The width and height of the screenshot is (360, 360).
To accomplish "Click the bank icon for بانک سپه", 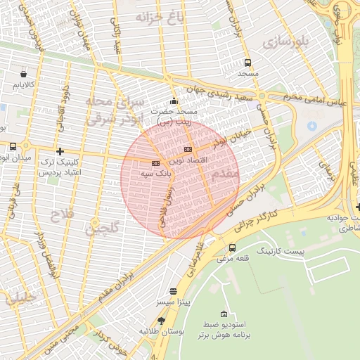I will point(155,163).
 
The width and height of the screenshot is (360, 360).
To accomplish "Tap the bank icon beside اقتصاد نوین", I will point(188,150).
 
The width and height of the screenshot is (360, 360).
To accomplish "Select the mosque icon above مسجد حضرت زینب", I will point(174,101).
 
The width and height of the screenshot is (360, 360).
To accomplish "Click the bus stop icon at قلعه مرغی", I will point(233,247).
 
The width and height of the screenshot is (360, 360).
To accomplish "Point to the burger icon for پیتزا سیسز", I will point(174,291).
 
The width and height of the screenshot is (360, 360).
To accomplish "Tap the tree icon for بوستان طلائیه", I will point(162,321).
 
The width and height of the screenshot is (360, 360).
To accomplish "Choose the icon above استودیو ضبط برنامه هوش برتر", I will point(224,314).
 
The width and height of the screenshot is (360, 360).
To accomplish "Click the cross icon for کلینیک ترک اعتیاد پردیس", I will point(60,151).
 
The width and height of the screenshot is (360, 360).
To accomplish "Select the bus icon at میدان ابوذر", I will point(13,146).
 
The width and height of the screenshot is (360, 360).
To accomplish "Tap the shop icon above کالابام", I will point(25,73).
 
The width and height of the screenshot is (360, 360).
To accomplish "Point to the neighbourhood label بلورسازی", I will point(286,42).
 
